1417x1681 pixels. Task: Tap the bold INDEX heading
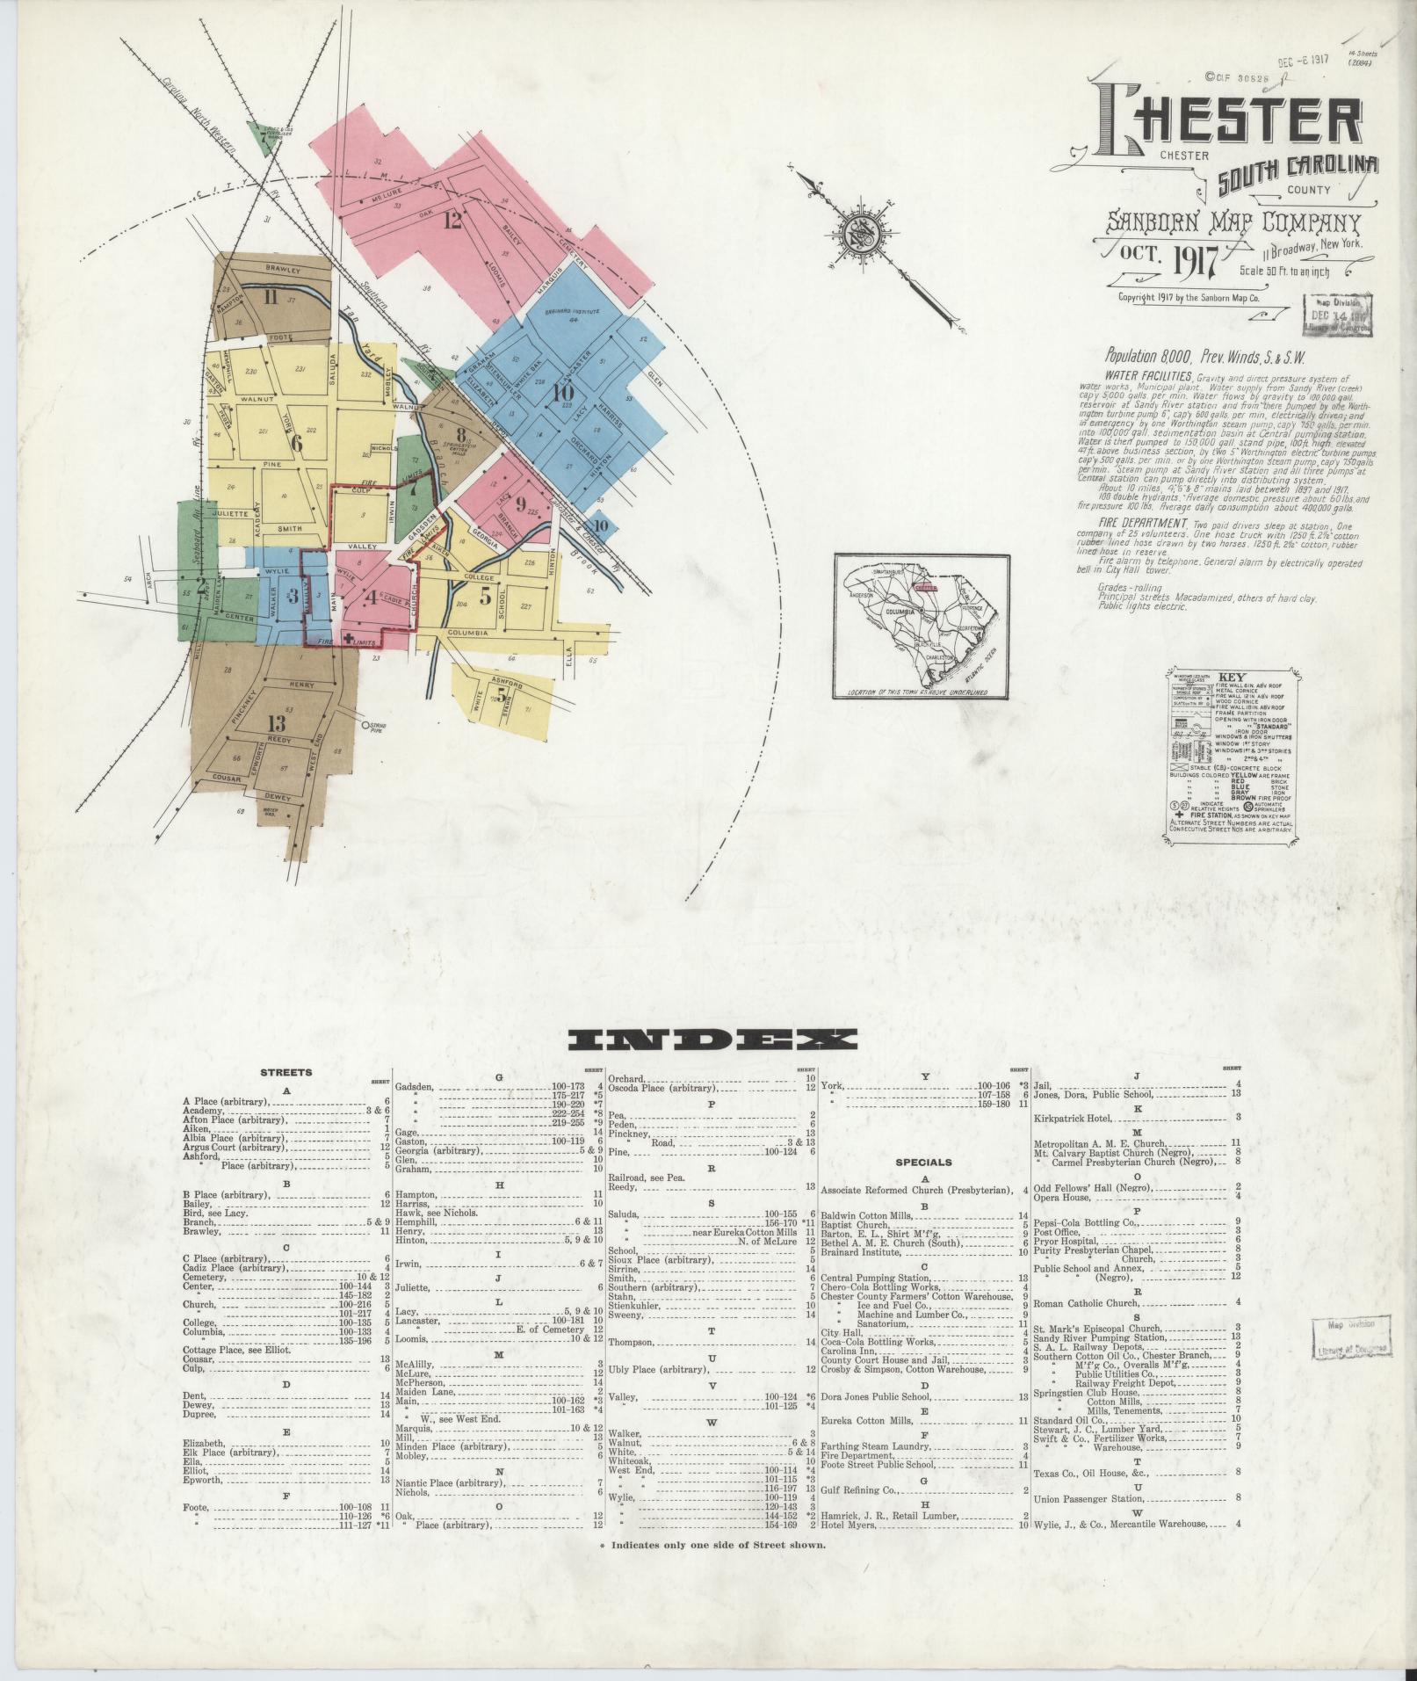[713, 1040]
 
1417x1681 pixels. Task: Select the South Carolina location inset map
[922, 627]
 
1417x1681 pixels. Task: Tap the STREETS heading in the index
[286, 1073]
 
